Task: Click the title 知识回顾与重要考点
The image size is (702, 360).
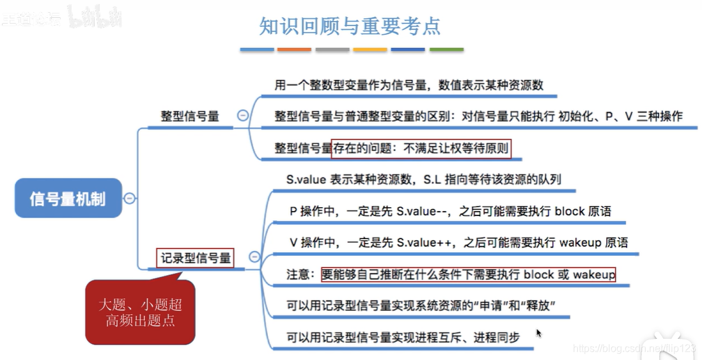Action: tap(350, 26)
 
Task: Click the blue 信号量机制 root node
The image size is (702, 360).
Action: tap(68, 198)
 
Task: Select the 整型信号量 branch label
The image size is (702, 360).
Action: tap(189, 116)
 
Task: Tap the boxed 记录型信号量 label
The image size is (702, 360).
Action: tap(196, 258)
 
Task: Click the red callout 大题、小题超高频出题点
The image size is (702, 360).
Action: tap(139, 311)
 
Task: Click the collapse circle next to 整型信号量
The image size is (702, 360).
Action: tap(242, 116)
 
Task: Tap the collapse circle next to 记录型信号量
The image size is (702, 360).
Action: tap(254, 257)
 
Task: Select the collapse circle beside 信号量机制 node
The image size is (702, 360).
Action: tap(129, 198)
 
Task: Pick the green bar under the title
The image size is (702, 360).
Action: tap(446, 49)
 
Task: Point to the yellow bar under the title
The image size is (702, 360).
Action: tap(370, 49)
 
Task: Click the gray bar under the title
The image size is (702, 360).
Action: tap(332, 49)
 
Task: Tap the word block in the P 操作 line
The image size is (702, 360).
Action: tap(569, 211)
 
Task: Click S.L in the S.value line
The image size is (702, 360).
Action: tap(432, 180)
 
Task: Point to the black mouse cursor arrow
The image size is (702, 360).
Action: tap(539, 333)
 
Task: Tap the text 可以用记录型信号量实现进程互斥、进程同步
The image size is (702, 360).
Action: tap(403, 337)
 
